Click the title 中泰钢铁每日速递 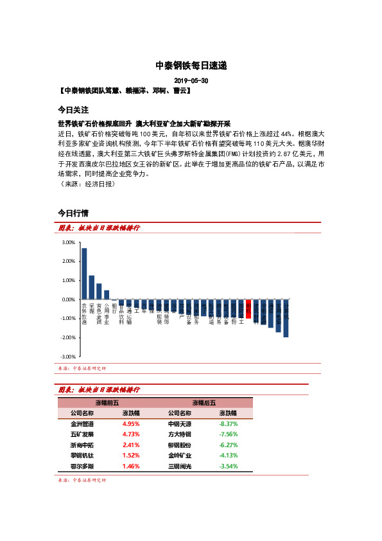click(191, 66)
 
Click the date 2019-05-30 click(191, 82)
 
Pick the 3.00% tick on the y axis click(68, 243)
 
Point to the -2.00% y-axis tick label click(67, 337)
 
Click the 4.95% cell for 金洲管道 click(131, 424)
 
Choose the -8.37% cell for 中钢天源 click(229, 424)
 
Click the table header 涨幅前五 click(107, 402)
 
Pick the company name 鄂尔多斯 click(82, 465)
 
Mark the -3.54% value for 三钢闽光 click(229, 465)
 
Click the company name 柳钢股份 click(179, 445)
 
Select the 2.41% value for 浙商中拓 click(131, 445)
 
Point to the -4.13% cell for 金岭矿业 click(229, 455)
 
